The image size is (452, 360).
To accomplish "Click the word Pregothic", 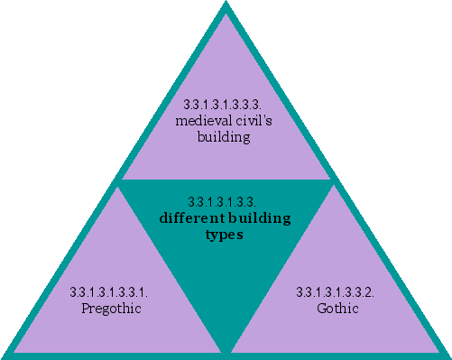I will [109, 309].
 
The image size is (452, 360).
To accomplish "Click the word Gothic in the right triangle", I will [338, 309].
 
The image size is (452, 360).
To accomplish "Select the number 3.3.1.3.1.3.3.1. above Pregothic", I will [109, 292].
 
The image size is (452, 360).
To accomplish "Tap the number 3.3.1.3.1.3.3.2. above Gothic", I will [336, 292].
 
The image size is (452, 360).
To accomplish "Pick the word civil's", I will [254, 121].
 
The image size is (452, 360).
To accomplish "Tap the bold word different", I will [186, 217].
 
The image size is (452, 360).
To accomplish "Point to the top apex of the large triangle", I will [226, 5].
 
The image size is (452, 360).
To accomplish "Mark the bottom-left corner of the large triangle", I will [5, 355].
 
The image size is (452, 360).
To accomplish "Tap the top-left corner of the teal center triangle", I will [121, 181].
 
